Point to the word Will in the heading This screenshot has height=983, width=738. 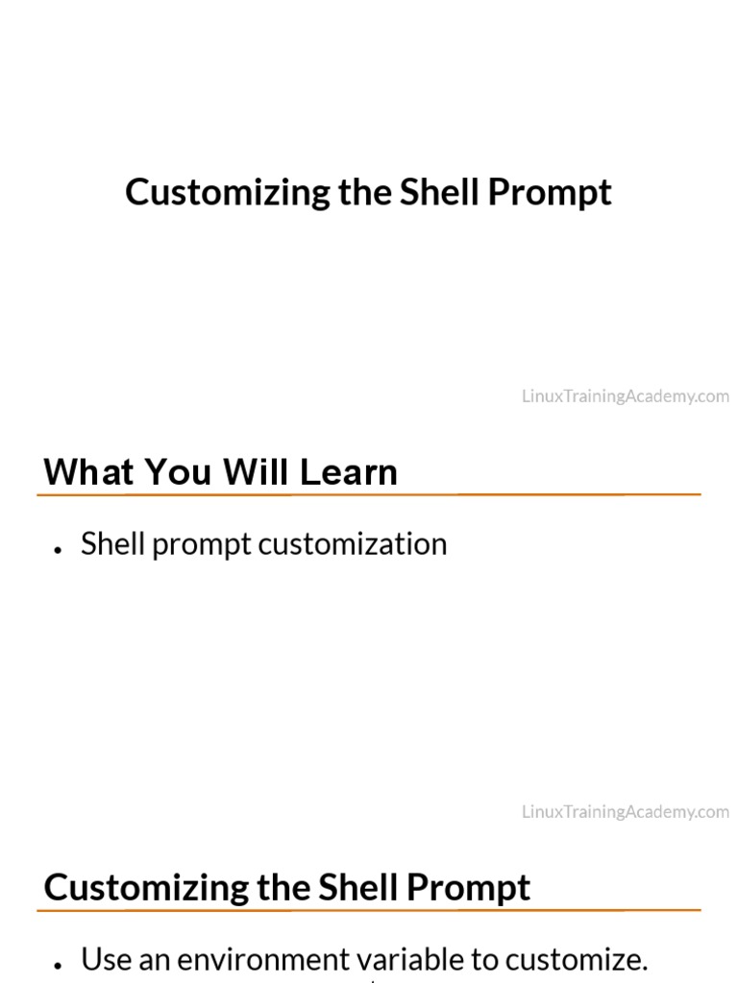256,472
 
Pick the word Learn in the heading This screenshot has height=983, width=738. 348,472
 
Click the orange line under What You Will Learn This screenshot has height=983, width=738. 369,494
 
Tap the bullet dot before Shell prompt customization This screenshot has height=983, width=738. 60,549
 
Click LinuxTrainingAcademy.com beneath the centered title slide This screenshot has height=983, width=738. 626,396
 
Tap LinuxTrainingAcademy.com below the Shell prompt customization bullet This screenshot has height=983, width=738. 626,812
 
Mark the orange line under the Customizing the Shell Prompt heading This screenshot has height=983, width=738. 369,910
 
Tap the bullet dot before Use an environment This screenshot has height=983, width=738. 60,965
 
